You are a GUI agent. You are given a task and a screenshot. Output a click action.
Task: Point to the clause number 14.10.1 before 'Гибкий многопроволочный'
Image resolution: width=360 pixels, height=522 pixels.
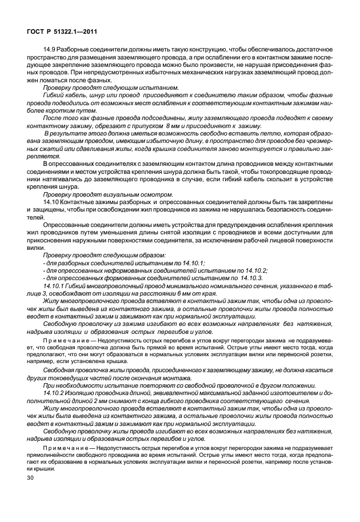coord(55,285)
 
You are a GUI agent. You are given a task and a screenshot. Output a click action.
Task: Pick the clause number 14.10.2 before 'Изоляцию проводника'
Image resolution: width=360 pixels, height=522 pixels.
coord(55,394)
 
